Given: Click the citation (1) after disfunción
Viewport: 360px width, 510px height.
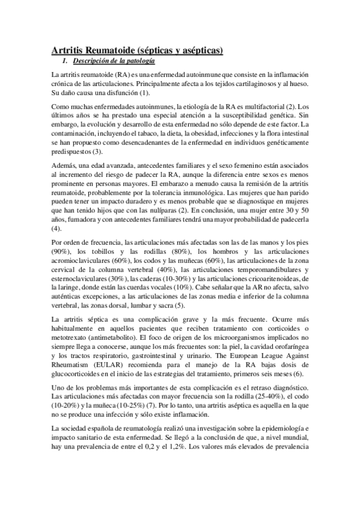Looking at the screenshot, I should tap(145, 94).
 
